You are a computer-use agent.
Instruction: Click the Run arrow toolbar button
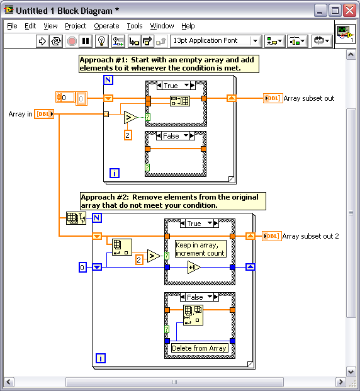click(42, 41)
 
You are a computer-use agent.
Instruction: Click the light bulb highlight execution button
click(101, 41)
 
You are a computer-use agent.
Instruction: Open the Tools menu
click(135, 26)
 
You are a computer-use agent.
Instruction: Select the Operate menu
click(106, 26)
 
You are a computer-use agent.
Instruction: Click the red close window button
click(349, 11)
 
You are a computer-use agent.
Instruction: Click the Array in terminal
click(44, 114)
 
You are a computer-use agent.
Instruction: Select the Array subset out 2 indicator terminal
click(272, 236)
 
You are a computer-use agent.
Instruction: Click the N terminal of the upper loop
click(108, 80)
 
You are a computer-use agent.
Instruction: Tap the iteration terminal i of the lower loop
click(101, 358)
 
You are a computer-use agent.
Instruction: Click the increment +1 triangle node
click(194, 268)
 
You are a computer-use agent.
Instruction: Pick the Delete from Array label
click(200, 348)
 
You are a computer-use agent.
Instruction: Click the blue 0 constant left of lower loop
click(82, 268)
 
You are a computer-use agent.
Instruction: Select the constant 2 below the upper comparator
click(128, 135)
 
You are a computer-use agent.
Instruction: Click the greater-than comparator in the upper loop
click(130, 118)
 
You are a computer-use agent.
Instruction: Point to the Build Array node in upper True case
click(180, 101)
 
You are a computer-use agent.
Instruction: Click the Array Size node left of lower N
click(76, 218)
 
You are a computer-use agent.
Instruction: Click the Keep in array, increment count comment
click(201, 249)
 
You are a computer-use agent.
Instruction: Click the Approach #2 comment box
click(173, 201)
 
